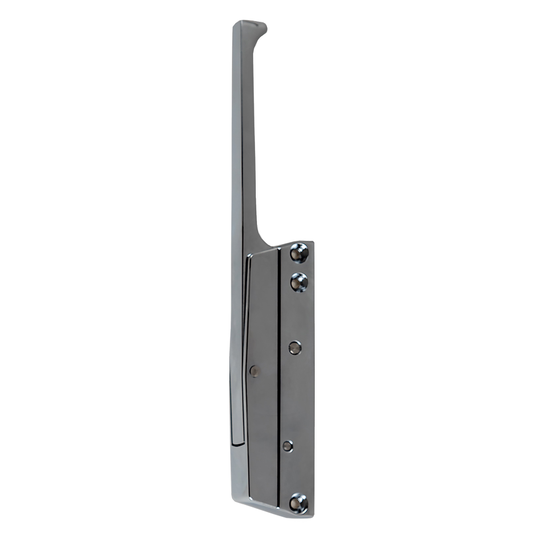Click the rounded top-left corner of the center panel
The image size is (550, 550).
tap(249, 255)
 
